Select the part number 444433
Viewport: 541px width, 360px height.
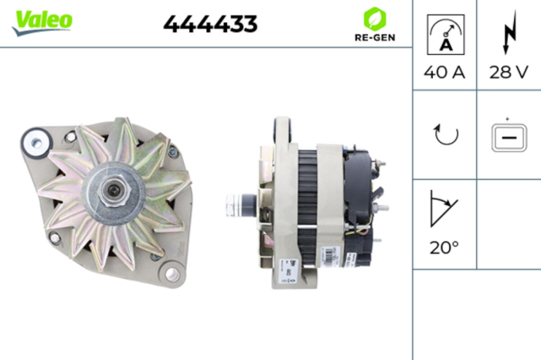coord(210,24)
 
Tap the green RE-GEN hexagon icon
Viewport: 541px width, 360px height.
coord(374,18)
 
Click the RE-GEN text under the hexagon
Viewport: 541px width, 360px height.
coord(374,38)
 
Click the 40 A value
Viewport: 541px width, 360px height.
coord(445,73)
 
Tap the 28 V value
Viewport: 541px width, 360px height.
coord(509,73)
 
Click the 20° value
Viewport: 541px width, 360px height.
coord(444,248)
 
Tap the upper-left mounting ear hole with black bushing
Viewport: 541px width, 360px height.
coord(35,141)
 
